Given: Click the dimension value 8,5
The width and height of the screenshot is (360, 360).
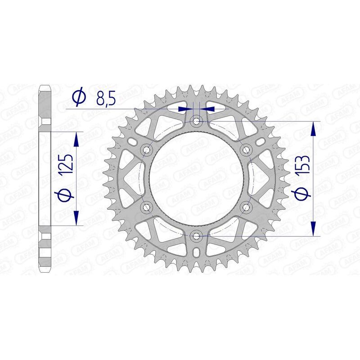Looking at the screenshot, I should (x=104, y=98).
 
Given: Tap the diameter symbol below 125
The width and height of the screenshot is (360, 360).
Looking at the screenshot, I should (x=66, y=195).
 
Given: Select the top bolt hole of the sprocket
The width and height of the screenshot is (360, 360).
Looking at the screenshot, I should (x=196, y=121).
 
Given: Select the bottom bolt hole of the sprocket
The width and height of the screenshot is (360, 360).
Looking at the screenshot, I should (x=196, y=235).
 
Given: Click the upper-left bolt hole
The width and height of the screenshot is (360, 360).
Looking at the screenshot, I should (x=146, y=149).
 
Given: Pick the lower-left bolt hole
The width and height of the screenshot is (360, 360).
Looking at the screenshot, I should (x=146, y=207).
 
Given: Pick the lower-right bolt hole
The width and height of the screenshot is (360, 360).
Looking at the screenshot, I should (x=246, y=207).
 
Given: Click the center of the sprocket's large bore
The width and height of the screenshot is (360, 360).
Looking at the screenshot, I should (x=196, y=178).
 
